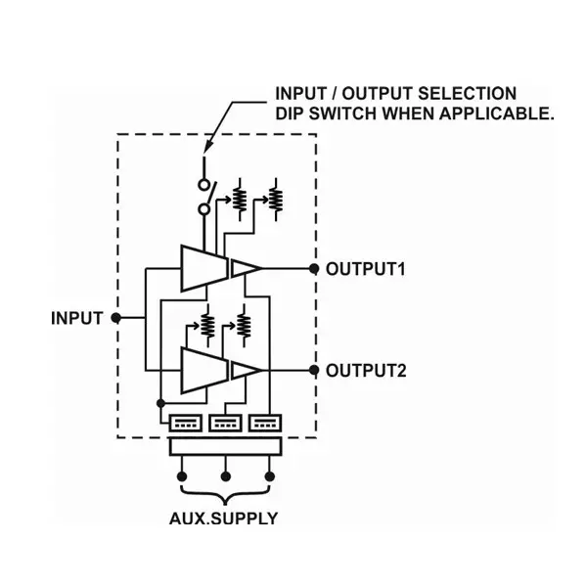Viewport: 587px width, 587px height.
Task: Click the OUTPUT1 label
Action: (365, 268)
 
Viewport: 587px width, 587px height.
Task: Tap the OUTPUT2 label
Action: (365, 370)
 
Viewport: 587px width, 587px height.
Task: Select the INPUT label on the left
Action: (76, 318)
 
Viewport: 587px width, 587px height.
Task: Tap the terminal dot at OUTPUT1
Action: (314, 268)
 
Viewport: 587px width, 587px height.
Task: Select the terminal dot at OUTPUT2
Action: (314, 370)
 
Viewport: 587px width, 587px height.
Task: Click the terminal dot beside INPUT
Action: (115, 318)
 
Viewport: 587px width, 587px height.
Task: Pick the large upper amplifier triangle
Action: (202, 268)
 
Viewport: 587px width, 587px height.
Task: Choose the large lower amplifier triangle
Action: (202, 370)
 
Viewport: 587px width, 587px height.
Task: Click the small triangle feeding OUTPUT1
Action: (244, 268)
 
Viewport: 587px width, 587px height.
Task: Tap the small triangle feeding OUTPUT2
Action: (244, 370)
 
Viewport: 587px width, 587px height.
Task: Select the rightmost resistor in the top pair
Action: (275, 198)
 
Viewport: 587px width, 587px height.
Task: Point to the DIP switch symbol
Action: (204, 196)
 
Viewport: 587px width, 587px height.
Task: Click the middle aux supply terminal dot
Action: (226, 476)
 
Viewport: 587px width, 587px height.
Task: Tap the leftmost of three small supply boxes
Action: (185, 424)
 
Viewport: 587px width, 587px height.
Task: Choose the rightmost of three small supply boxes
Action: (264, 424)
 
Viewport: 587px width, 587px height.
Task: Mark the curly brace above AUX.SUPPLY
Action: (225, 497)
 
